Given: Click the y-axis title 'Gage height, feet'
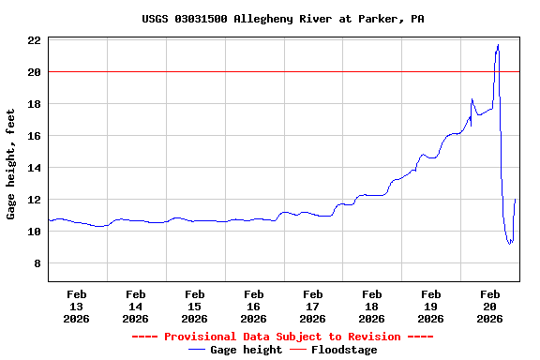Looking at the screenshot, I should (11, 163).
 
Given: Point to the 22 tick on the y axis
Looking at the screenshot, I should (33, 40).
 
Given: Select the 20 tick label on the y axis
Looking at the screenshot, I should (33, 72).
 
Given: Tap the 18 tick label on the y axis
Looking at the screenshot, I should (33, 104).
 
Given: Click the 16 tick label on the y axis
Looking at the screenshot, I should (33, 136).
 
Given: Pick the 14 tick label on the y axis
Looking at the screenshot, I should (33, 168).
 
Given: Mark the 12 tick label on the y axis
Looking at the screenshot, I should (33, 200).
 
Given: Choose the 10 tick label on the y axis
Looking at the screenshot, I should (33, 232).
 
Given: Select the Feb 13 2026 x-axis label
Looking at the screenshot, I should (77, 306).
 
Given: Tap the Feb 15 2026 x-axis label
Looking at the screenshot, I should (195, 306).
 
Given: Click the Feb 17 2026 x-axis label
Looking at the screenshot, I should (313, 306).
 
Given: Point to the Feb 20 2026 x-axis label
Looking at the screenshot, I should (489, 306).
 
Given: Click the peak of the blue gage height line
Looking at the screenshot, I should (498, 45).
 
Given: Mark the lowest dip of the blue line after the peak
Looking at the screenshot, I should (510, 244).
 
